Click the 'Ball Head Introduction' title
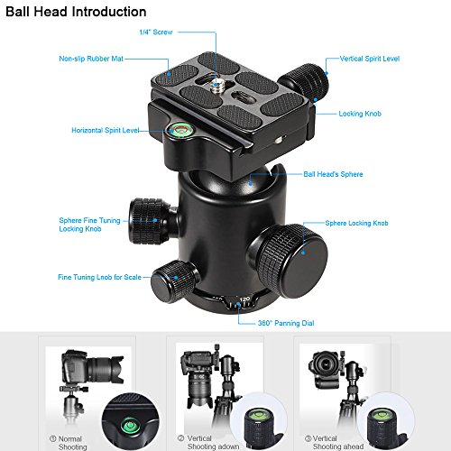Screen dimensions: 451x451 tap(76, 12)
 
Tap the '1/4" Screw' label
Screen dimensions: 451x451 tap(156, 32)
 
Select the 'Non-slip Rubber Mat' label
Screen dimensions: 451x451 tap(91, 59)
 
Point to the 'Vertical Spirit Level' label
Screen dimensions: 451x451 tap(370, 59)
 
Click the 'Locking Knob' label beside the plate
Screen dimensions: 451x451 tap(360, 114)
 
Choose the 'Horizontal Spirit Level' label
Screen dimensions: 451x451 tap(106, 130)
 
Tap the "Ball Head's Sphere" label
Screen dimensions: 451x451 tap(333, 174)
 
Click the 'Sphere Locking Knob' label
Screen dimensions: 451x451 tap(356, 223)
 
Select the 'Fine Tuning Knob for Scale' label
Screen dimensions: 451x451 tap(99, 277)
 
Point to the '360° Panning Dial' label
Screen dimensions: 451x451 tap(286, 323)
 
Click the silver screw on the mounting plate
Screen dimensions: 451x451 tap(216, 86)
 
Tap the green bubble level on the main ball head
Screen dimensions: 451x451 tap(180, 130)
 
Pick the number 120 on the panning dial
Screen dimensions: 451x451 tap(244, 299)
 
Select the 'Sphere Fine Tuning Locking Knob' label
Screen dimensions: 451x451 tap(89, 225)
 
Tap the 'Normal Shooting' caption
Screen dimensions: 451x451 tap(69, 443)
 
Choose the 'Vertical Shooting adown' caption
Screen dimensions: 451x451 tap(209, 443)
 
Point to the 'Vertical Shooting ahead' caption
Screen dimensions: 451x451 tap(335, 443)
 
